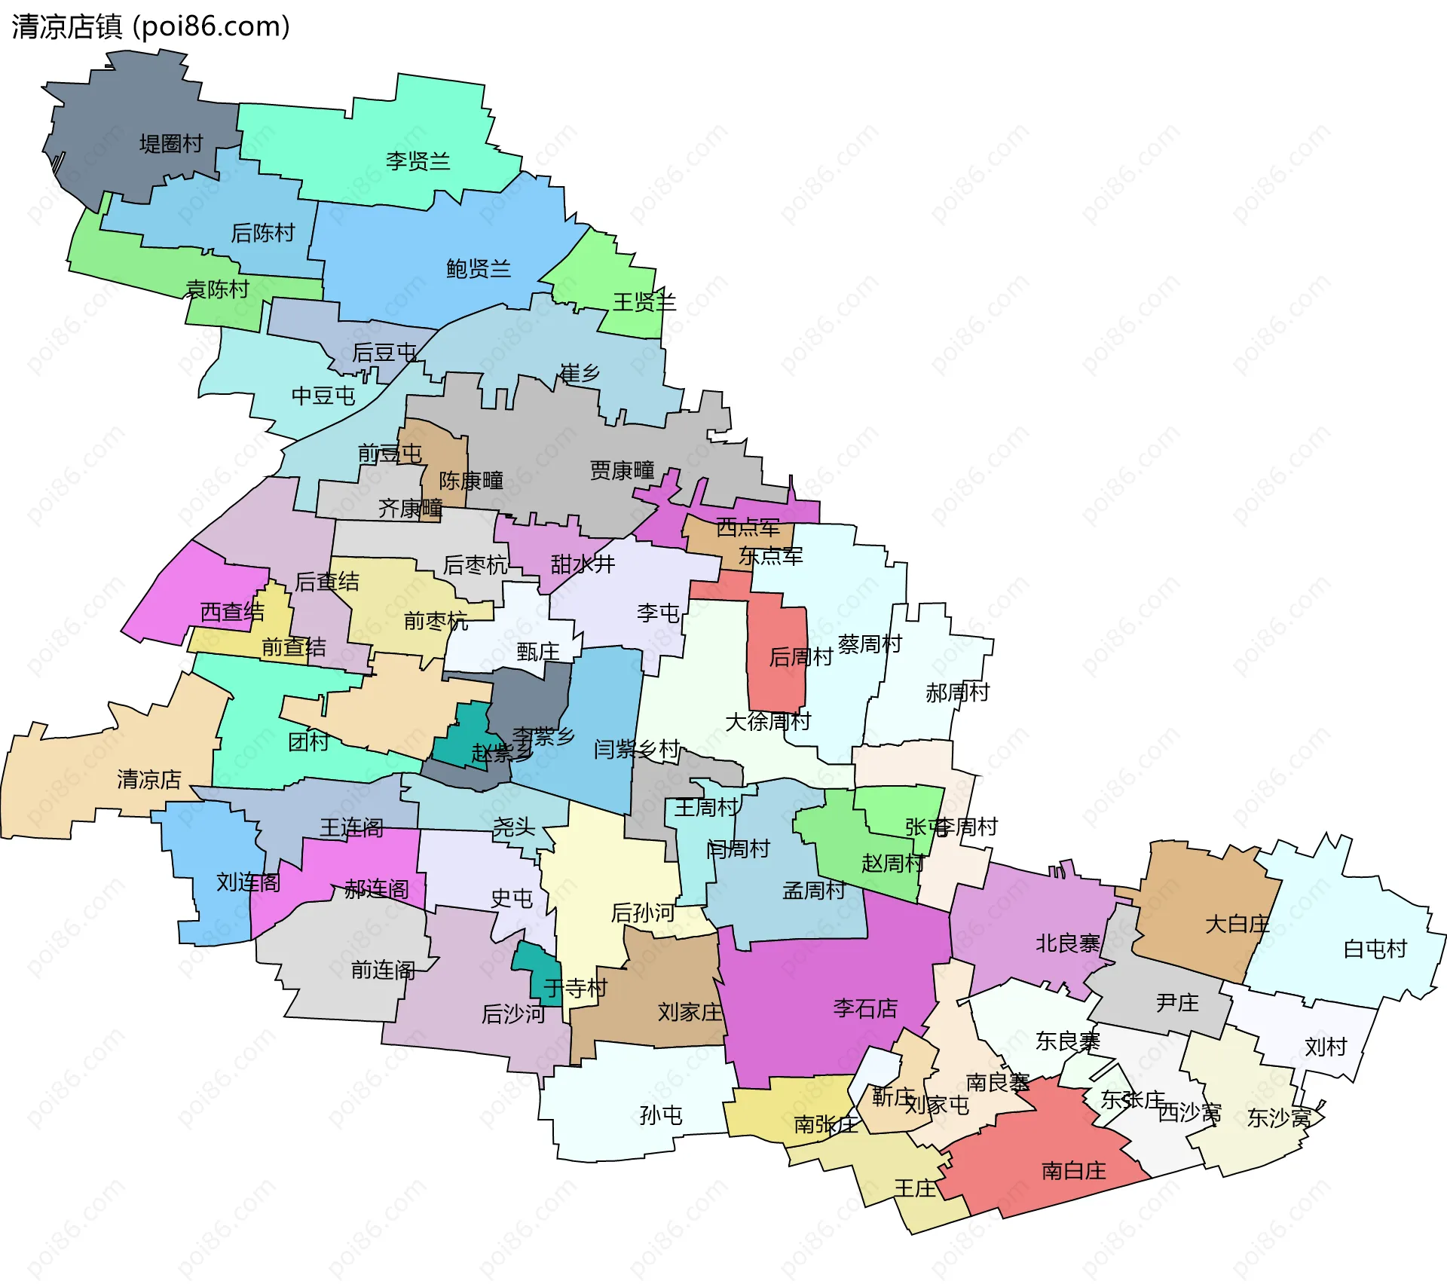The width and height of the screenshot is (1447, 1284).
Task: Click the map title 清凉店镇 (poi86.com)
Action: [151, 27]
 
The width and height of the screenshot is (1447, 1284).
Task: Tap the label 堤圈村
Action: [171, 144]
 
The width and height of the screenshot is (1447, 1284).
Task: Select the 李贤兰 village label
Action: [418, 161]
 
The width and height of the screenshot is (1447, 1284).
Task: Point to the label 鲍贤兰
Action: [478, 269]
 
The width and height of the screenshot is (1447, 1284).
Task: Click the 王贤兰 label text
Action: [644, 303]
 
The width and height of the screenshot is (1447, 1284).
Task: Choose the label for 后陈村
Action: [262, 234]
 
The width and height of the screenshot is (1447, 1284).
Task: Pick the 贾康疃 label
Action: [622, 471]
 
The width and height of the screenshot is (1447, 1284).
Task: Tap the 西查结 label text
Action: [232, 612]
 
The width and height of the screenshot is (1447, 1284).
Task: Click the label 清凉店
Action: [148, 780]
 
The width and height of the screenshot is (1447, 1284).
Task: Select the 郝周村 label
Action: [957, 692]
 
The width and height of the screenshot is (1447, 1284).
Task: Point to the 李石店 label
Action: [865, 1008]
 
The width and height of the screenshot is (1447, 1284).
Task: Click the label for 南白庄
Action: [1073, 1171]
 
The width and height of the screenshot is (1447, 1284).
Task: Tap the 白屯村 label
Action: [1375, 949]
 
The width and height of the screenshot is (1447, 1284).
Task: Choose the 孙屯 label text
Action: [660, 1115]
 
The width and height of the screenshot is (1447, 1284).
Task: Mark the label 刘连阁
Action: [248, 882]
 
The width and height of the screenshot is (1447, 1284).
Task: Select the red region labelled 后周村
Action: [776, 648]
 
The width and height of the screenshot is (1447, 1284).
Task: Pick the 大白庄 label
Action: [1237, 925]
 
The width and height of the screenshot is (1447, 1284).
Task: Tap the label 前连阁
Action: [383, 971]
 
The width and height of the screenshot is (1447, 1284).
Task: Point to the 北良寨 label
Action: [1067, 943]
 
